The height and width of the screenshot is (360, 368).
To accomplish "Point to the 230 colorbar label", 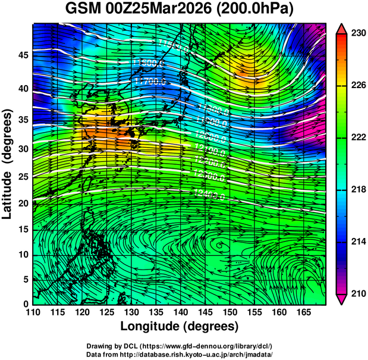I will pos(358,33).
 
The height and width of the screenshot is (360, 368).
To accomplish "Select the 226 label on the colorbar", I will pos(358,86).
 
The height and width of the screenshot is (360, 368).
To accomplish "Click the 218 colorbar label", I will pos(358,190).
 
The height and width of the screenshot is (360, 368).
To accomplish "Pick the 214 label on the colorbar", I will pos(358,242).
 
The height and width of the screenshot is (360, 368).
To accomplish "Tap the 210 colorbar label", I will pos(358,294).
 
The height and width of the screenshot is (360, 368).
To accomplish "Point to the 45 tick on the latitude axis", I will pos(22,55).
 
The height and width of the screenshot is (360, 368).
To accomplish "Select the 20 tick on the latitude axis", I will pos(22,204).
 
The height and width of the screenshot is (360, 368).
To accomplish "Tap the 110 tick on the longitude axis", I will pos(33,312).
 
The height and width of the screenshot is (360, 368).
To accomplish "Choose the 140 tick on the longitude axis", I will pos(180,312).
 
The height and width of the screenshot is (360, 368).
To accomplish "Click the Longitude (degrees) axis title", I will pos(180,326).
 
